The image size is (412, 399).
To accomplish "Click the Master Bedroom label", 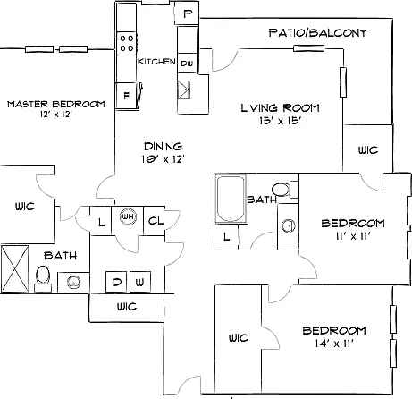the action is coord(56,104).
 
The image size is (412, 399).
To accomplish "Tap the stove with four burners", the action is coord(127,43).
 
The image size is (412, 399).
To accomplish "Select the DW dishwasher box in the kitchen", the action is coord(187,64).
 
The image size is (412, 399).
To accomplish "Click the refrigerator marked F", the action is coord(126,96).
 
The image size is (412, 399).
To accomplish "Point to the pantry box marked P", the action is coord(187,13).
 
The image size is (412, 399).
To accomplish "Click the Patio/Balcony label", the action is coord(318,32).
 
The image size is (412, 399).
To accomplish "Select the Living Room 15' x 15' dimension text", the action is coord(280,121).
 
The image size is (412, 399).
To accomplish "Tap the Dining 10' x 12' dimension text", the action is coord(164,159).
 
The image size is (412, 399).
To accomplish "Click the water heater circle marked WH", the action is coord(128,216).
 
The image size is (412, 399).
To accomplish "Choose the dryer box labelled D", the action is coord(116,282).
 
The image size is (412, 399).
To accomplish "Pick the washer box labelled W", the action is coord(140,282).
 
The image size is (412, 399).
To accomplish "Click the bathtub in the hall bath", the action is coord(231,199).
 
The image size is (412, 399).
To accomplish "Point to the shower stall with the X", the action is coord(15,268).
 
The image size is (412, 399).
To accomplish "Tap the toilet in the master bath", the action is coord(43,278).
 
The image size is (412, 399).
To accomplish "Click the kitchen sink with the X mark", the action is coord(184,89).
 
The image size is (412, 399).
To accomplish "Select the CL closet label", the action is coord(156,221).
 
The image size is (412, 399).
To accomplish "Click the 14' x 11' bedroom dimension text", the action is coord(334,344).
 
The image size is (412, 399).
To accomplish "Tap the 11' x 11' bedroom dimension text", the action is coord(353,236).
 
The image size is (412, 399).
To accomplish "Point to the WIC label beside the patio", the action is coord(368,149).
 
